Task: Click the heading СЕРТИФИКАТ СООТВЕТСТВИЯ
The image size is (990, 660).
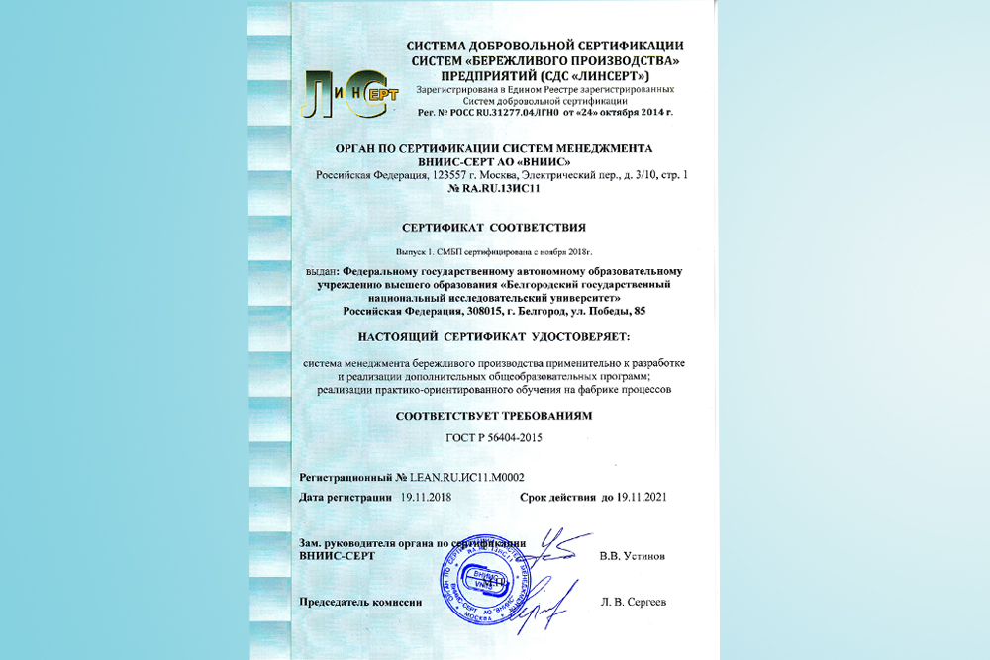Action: click(495, 227)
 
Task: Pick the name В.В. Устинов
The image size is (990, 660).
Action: click(632, 556)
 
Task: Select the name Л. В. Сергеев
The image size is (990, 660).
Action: click(633, 602)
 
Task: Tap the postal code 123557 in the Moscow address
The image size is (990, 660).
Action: click(452, 175)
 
